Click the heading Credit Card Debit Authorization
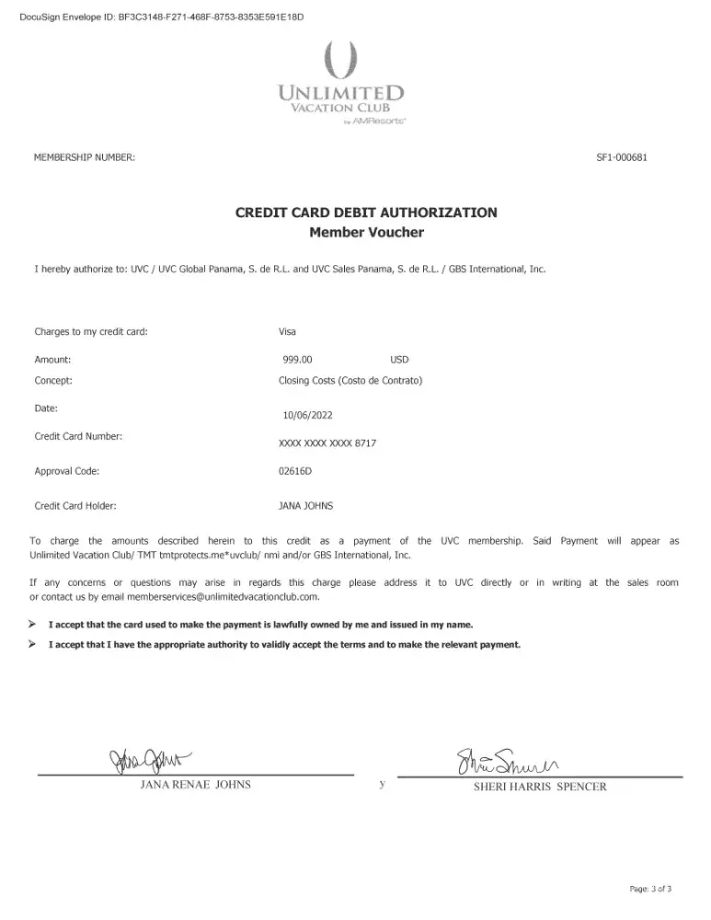[366, 213]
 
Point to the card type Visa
[287, 331]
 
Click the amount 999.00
[298, 360]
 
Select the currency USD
[399, 360]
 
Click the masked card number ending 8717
[327, 443]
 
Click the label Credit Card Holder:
[75, 505]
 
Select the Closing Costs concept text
[350, 380]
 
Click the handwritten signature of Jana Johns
[152, 761]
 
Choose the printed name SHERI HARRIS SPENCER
[540, 788]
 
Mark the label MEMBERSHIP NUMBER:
[85, 157]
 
